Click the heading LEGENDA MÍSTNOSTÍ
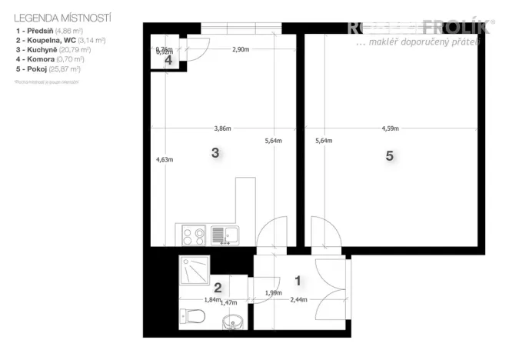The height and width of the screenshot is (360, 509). [63, 15]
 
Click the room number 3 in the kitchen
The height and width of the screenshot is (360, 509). [216, 153]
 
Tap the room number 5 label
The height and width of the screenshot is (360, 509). [390, 155]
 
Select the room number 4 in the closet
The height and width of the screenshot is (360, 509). [168, 58]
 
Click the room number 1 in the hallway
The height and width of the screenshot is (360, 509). [299, 281]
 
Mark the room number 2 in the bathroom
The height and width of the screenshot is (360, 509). [218, 288]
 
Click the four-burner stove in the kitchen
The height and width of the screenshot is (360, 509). [192, 234]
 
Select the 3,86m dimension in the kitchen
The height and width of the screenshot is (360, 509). [222, 128]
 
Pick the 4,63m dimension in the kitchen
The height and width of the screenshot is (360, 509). [165, 160]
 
